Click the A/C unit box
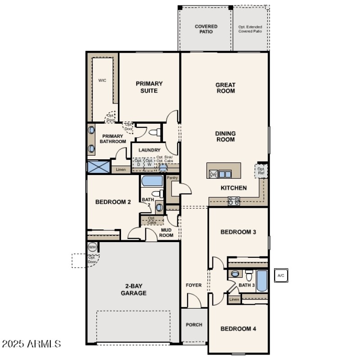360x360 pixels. pos(280,275)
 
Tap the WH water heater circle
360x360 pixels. pos(92,247)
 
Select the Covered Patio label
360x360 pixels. pos(206,29)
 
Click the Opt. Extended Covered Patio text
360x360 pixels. pos(251,29)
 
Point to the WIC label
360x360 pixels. pos(102,81)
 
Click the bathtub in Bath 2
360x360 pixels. pos(152,181)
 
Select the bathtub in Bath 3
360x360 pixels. pos(262,281)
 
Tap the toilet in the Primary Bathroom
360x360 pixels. pos(154,133)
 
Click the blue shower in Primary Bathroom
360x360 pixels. pos(99,166)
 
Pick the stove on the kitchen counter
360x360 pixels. pos(234,201)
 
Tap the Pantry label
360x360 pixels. pos(172,178)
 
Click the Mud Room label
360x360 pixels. pos(167,232)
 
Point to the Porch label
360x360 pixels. pos(194,324)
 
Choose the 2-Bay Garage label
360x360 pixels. pos(133,290)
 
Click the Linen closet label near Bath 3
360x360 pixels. pos(234,299)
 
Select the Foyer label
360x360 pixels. pos(194,285)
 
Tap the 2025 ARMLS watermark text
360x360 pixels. pos(31,344)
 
